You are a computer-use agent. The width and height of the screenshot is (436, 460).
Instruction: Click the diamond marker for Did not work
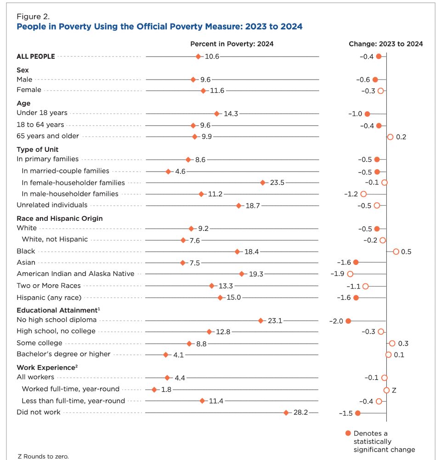click(286, 413)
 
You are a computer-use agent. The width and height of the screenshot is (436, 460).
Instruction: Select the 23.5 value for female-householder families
click(277, 183)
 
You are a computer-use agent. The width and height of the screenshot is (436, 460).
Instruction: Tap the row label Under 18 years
click(42, 113)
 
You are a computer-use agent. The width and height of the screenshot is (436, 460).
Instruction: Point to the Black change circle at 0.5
click(396, 252)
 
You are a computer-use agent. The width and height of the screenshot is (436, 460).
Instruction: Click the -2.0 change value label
click(336, 321)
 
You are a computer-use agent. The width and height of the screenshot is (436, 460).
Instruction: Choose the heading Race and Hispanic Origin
click(60, 218)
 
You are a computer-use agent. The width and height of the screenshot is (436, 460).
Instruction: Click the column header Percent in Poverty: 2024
click(232, 44)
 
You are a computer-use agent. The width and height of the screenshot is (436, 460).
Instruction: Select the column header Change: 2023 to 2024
click(386, 44)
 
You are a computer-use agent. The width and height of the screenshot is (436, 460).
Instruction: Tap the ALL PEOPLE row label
click(36, 57)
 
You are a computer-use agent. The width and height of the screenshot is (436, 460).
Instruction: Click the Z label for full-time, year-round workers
click(394, 390)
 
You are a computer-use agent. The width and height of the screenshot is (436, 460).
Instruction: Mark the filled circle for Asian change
click(356, 262)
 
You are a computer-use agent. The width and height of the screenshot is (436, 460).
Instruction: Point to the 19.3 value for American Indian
click(256, 274)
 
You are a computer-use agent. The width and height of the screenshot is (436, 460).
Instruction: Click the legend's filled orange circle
click(348, 433)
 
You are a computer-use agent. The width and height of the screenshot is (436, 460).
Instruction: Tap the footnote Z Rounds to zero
click(43, 456)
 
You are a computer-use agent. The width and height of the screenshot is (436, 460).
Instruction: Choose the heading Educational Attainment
click(57, 310)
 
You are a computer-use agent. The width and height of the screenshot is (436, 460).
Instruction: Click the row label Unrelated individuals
click(52, 205)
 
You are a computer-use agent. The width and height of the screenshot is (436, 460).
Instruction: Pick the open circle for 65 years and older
click(390, 137)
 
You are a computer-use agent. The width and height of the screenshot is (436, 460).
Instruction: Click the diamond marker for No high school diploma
click(260, 321)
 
